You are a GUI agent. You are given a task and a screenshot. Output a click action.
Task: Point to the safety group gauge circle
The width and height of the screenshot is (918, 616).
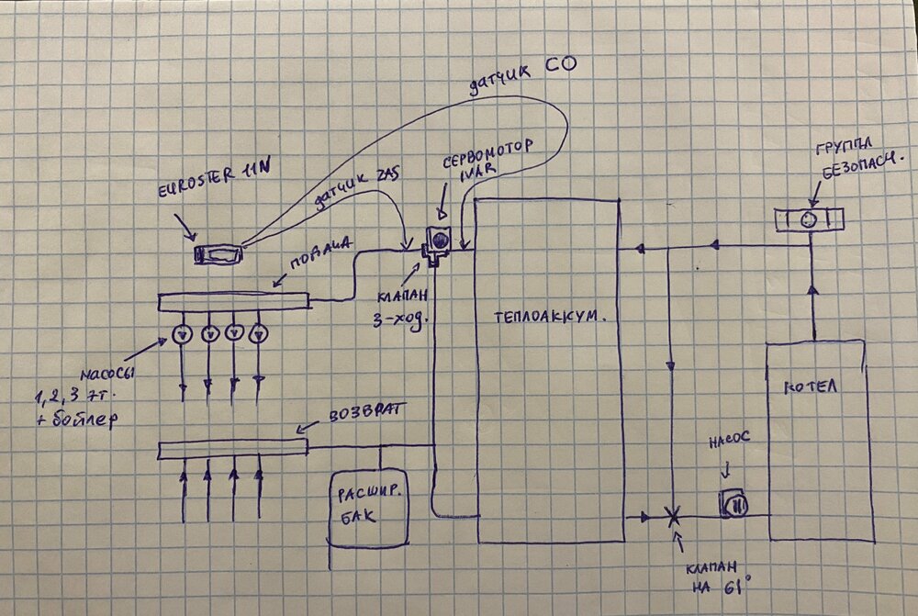(x=809, y=219)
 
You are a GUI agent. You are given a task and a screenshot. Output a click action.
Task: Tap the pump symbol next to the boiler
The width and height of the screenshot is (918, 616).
(x=734, y=503)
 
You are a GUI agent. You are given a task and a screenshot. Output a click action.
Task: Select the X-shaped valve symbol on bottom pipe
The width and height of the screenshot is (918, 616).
(x=673, y=517)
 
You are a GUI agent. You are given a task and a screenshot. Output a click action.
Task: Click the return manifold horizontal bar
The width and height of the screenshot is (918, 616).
(x=232, y=448)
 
